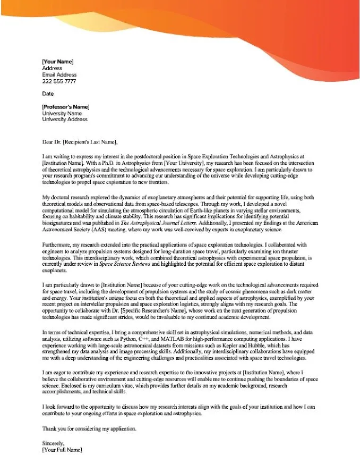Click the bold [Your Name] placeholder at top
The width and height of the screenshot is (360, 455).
point(57,62)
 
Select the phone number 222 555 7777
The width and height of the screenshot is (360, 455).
point(59,81)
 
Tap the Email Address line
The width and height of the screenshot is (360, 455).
point(59,75)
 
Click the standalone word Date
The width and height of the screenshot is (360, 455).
point(48,94)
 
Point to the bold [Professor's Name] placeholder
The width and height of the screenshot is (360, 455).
point(66,107)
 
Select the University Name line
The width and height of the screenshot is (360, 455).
point(62,113)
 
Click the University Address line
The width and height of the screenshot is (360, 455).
point(65,120)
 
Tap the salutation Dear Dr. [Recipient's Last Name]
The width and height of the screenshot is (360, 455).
point(80,142)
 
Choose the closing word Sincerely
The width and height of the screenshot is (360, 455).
point(53,443)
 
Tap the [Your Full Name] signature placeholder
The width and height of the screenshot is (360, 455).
point(62,450)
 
